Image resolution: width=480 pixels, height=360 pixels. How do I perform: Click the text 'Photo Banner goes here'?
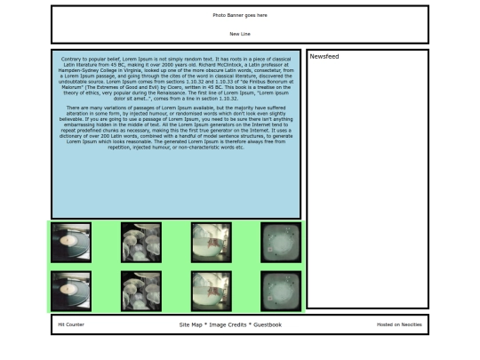(239, 15)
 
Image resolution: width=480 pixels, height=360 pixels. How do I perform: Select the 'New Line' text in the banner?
(239, 34)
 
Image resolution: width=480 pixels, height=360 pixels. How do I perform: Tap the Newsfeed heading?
(323, 56)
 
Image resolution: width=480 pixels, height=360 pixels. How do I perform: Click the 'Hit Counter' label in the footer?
(71, 324)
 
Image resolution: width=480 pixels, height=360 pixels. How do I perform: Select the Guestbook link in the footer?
(268, 324)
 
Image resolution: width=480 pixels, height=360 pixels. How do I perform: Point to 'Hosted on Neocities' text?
(399, 324)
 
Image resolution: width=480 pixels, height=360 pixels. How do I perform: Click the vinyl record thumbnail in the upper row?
(71, 242)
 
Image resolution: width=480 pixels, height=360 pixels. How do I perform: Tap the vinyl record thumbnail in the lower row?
(71, 291)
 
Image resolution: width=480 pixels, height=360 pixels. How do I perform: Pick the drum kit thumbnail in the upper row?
(140, 242)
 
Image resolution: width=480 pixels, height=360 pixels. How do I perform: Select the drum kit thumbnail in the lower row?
(140, 291)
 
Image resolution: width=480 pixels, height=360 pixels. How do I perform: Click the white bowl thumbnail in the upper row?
(211, 242)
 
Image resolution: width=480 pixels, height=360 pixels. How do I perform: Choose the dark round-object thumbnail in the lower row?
(281, 291)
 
